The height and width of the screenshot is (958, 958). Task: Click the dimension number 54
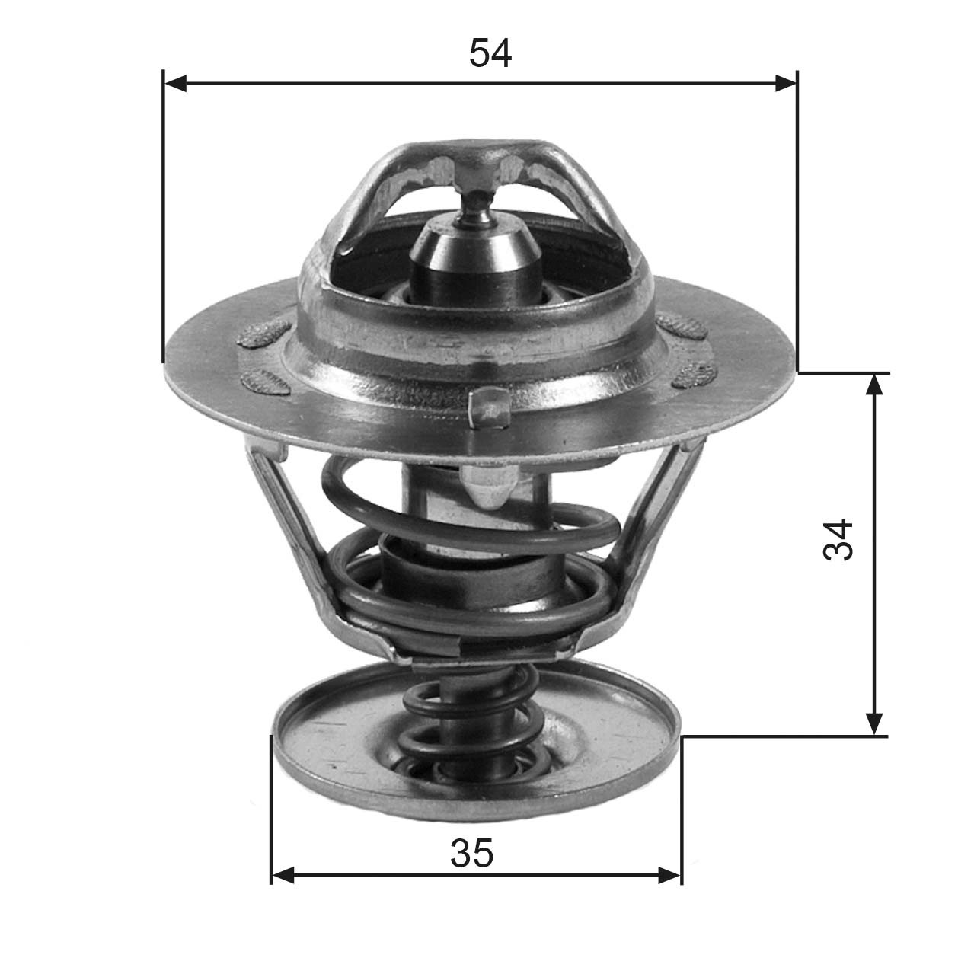[490, 53]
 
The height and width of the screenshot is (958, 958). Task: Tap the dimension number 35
[472, 853]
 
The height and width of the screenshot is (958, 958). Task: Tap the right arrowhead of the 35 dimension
[669, 875]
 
